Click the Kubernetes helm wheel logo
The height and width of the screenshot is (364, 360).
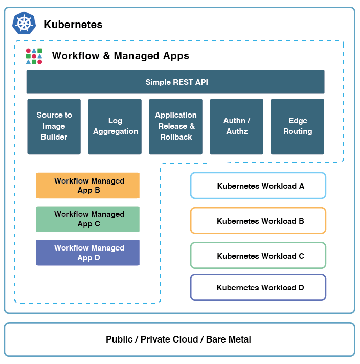pos(24,24)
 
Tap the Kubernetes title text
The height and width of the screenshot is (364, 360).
pos(73,25)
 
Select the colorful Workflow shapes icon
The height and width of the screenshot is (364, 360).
pos(34,56)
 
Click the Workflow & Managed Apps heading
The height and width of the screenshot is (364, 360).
pos(121,56)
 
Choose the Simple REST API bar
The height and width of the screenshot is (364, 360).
pos(175,82)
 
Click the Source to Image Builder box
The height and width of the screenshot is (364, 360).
pos(54,126)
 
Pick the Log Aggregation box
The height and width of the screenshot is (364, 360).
pos(115,126)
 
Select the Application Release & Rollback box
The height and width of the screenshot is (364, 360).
pos(176,126)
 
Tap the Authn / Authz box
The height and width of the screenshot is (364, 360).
pos(236,126)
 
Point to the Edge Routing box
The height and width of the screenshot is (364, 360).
pos(297,126)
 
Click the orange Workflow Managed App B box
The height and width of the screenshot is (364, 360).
pos(88,186)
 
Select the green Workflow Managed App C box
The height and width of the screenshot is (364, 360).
pos(88,219)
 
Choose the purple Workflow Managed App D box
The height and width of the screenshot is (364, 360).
pos(88,253)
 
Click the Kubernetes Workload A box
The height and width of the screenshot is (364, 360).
pos(258,186)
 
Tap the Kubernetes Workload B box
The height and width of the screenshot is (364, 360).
pos(258,221)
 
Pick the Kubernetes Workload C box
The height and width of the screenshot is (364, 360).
pos(258,256)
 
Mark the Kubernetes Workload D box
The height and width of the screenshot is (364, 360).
pos(258,287)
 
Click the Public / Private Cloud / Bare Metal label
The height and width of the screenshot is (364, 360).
pos(178,339)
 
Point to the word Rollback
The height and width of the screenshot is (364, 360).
pos(176,137)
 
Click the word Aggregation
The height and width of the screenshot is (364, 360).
pos(116,131)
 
